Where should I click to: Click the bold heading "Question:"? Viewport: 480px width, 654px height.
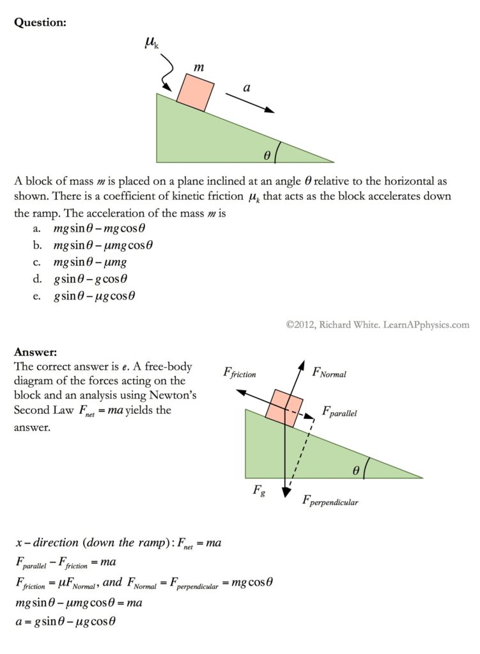coord(40,22)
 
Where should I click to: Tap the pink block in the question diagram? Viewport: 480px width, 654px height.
coord(195,92)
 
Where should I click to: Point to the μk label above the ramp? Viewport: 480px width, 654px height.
coord(151,43)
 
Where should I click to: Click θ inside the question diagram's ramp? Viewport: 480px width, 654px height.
coord(267,155)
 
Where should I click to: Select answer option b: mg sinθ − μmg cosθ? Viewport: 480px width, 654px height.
coord(104,245)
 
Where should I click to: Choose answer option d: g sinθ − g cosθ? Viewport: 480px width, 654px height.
coord(91,278)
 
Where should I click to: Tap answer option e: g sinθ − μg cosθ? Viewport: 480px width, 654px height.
coord(95,296)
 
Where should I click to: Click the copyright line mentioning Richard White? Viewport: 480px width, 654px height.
coord(377,324)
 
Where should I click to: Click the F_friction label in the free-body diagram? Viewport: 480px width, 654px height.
coord(240,372)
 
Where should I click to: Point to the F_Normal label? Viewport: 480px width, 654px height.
coord(329,372)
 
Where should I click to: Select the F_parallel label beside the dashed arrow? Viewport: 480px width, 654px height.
coord(339,412)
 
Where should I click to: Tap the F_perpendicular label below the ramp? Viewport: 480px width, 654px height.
coord(330,501)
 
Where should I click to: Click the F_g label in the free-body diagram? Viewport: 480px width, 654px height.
coord(259,491)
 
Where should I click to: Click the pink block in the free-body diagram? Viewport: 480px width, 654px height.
coord(284,406)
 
